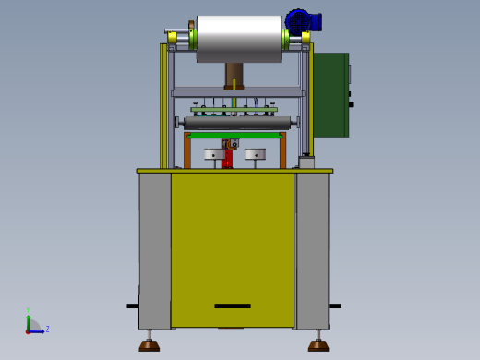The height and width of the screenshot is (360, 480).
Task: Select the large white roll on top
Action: [x=238, y=36]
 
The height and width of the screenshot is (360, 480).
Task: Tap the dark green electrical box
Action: [x=330, y=94]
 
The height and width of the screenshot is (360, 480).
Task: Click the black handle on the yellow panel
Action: [x=232, y=306]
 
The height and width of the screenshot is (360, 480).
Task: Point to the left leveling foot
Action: [x=149, y=345]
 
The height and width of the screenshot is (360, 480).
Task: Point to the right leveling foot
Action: [x=318, y=345]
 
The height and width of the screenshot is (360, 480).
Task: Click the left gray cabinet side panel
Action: [x=154, y=249]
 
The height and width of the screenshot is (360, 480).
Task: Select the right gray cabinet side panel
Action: [x=312, y=249]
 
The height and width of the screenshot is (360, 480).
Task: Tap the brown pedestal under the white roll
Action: [x=234, y=75]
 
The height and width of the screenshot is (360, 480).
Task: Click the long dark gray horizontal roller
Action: [x=238, y=123]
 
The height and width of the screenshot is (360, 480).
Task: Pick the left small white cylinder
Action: [x=214, y=154]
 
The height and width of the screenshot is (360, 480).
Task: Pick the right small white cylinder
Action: [x=255, y=154]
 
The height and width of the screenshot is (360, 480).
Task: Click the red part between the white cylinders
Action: [x=227, y=158]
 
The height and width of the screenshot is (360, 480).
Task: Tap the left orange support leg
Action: [x=187, y=151]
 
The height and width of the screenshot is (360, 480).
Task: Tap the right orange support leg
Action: [x=282, y=151]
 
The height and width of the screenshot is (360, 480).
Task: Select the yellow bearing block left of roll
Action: [x=173, y=38]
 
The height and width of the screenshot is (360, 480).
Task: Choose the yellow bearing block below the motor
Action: [x=306, y=38]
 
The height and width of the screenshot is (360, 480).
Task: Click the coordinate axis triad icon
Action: [x=32, y=326]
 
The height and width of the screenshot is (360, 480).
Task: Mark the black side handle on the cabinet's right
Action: [x=334, y=306]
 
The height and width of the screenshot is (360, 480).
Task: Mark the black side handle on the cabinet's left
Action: [x=133, y=306]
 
